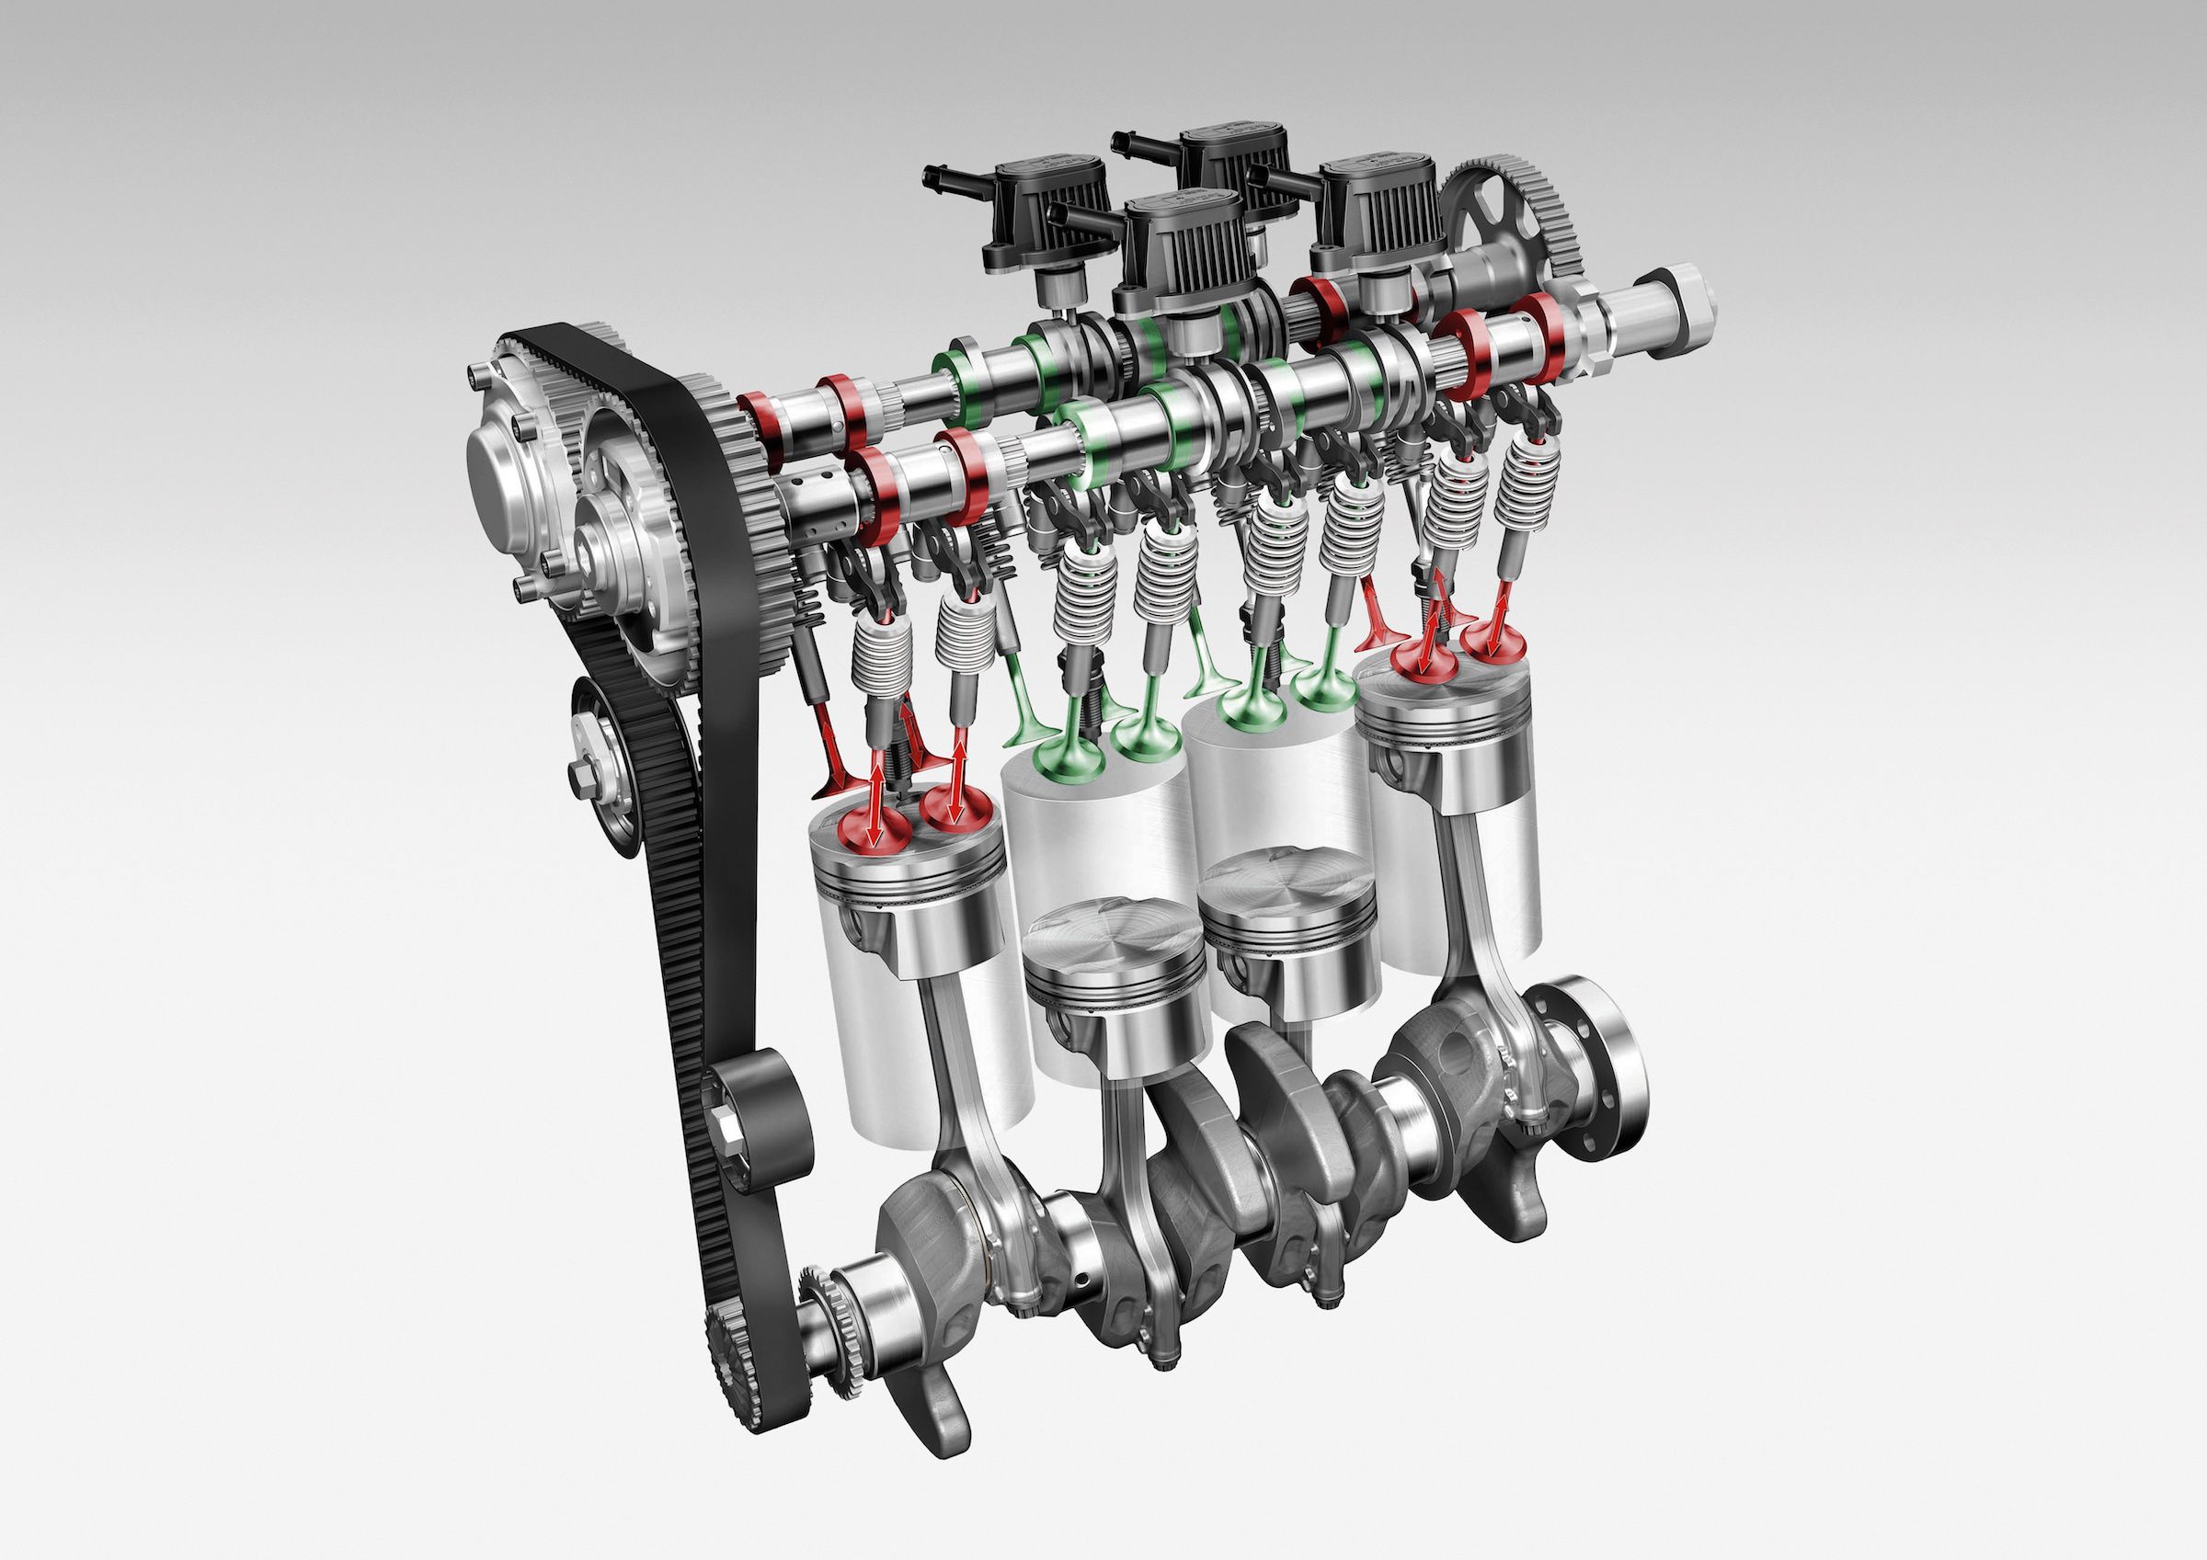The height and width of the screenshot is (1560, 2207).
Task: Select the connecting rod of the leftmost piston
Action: pyautogui.click(x=947, y=1087)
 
